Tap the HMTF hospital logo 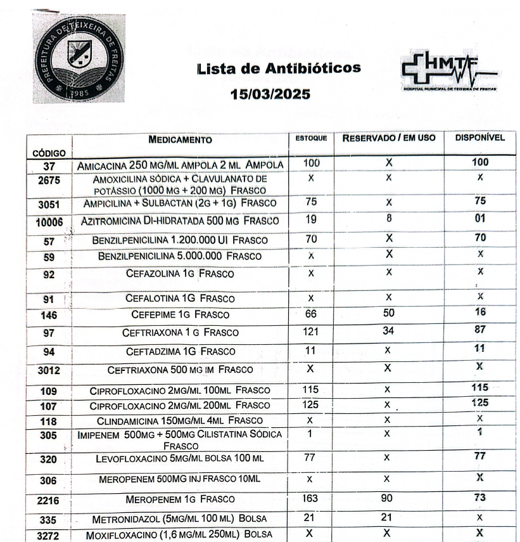(448, 72)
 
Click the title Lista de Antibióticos (279, 67)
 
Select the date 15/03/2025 (270, 94)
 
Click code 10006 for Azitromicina (49, 221)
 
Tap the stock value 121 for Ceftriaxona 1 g (310, 330)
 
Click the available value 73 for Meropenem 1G (479, 498)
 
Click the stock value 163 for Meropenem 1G (310, 498)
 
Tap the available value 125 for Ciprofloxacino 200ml (480, 402)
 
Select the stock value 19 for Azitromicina (310, 219)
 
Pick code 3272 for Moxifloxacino (49, 534)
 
